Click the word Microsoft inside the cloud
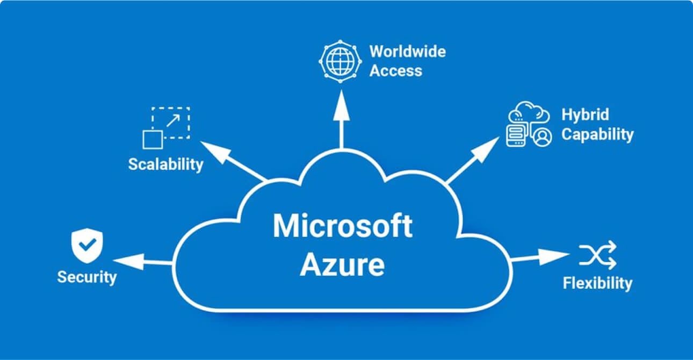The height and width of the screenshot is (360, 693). tap(342, 226)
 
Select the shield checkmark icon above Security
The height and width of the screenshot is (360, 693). tap(86, 247)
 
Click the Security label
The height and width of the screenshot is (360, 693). tap(86, 277)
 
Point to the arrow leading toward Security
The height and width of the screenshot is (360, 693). tap(143, 262)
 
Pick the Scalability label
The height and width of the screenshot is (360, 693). tap(165, 164)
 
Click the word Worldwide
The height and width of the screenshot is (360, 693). tap(407, 52)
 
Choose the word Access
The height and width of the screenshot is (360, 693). tap(396, 70)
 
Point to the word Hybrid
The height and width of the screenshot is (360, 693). tap(585, 114)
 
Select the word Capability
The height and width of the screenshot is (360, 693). tap(597, 134)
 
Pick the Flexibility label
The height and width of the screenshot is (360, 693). tap(597, 283)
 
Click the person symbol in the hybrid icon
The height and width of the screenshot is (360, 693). tap(543, 136)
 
